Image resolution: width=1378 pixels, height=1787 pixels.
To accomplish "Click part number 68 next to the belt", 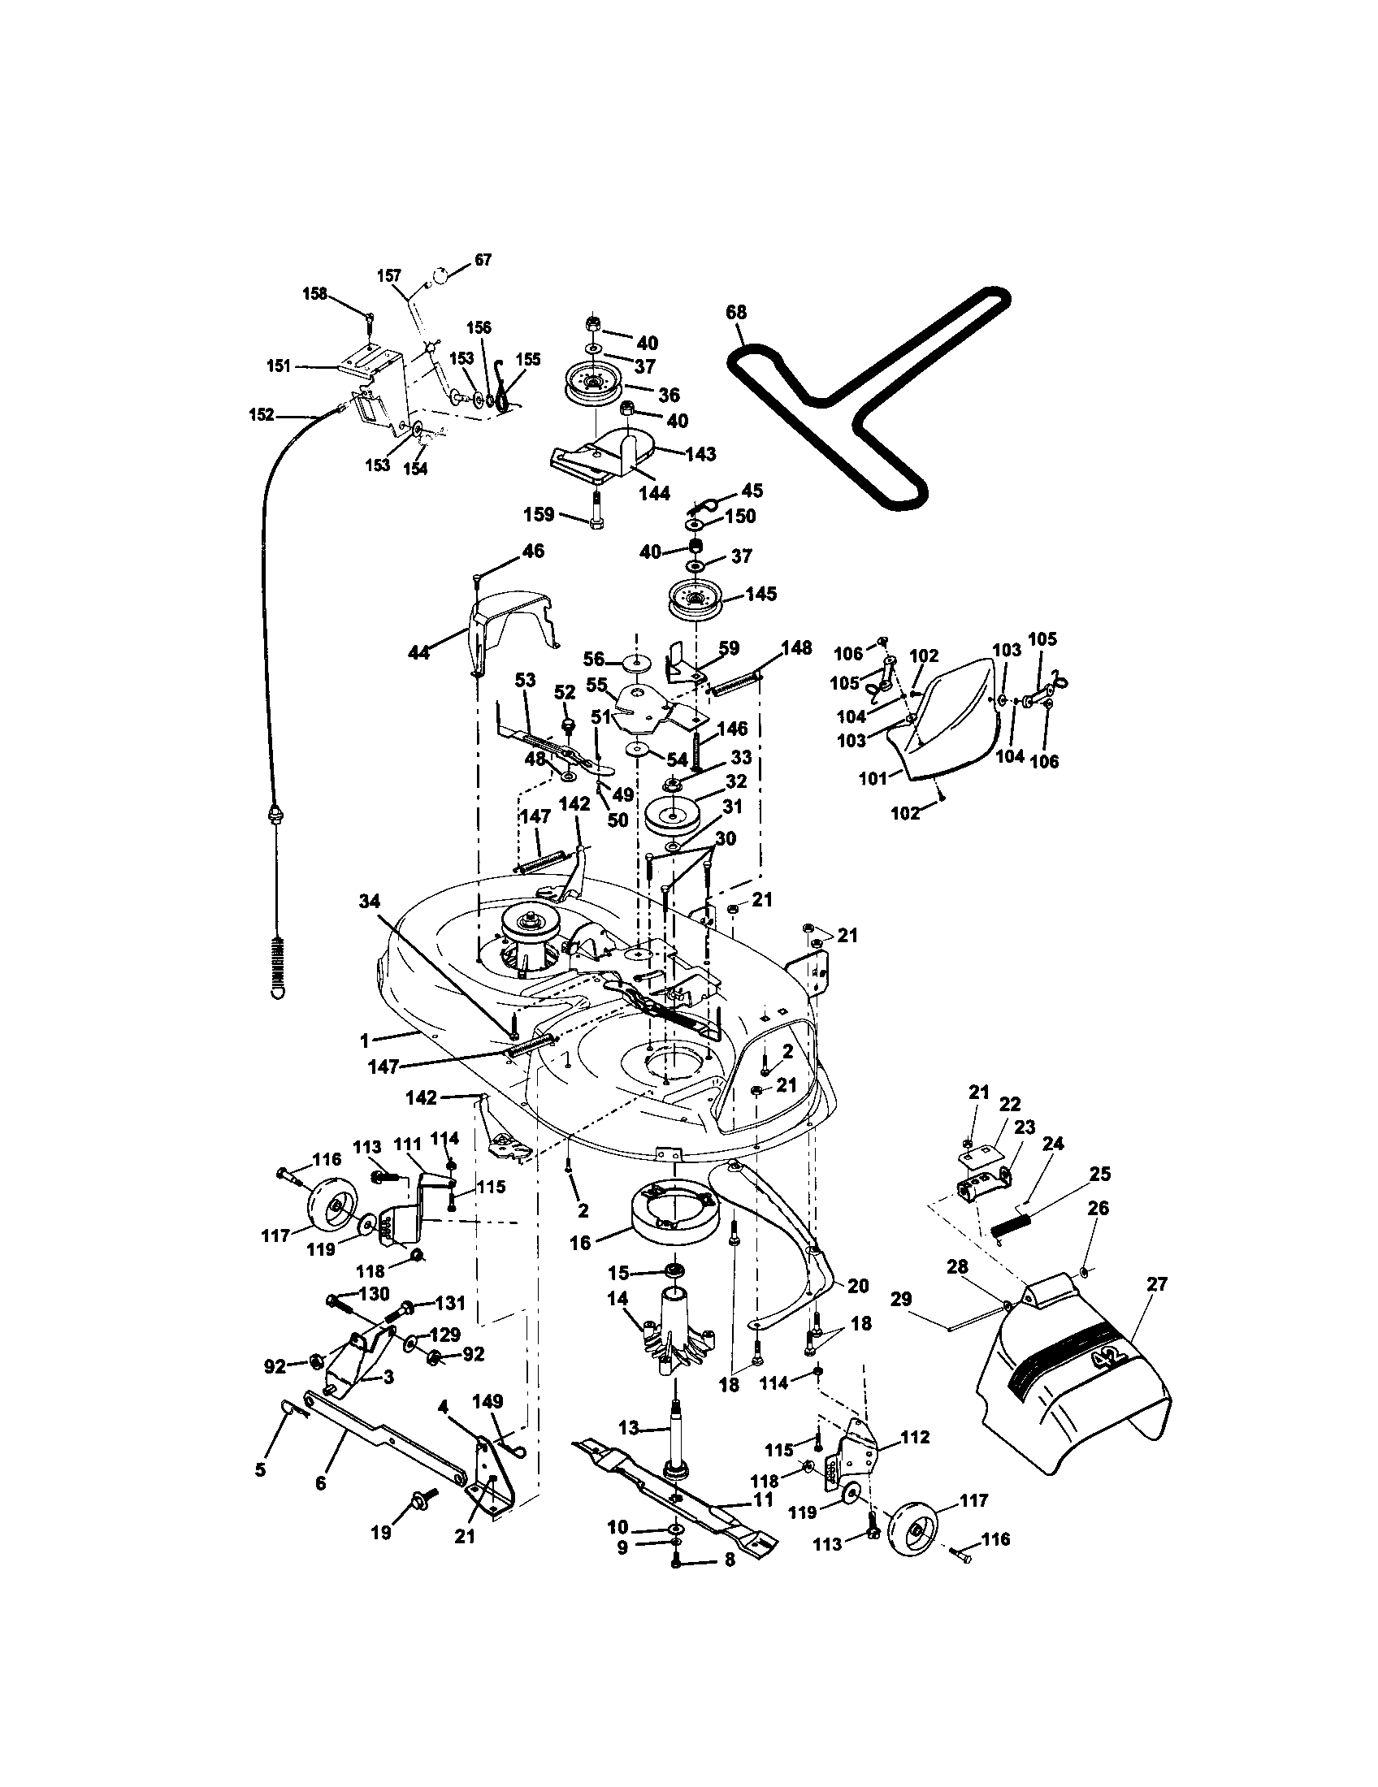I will (x=735, y=312).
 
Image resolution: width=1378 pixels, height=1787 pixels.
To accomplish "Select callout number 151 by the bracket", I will (x=279, y=366).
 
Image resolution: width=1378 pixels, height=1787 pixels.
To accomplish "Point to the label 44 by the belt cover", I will (x=418, y=652).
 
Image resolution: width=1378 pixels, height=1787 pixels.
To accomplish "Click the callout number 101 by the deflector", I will (x=873, y=778).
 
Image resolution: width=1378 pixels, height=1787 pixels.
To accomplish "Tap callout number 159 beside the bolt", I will (x=538, y=515).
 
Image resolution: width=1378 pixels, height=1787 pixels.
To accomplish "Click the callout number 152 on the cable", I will (x=262, y=415).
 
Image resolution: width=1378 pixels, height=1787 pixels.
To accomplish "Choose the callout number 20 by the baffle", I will (x=857, y=1287).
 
